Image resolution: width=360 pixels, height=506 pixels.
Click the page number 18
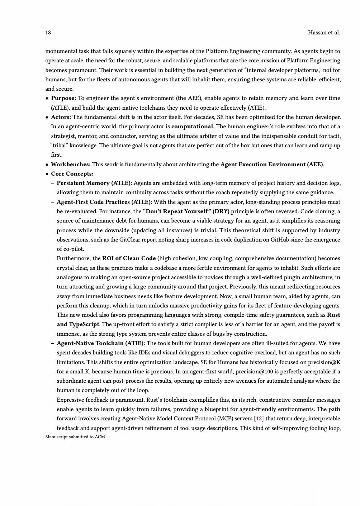click(x=48, y=33)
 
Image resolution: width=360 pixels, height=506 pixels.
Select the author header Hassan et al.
click(x=324, y=33)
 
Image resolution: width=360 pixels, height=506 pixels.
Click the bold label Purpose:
click(x=63, y=98)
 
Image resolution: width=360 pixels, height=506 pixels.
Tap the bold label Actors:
click(x=61, y=117)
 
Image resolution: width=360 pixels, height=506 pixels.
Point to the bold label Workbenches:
click(x=71, y=164)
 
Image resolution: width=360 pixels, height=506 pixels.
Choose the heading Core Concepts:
click(x=72, y=174)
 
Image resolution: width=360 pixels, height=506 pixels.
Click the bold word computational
click(x=192, y=126)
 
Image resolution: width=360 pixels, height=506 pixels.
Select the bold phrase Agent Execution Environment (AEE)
click(x=272, y=164)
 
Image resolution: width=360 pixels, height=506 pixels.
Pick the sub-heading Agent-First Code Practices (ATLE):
click(x=104, y=202)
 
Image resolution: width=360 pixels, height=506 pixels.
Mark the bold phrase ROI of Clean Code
click(x=129, y=258)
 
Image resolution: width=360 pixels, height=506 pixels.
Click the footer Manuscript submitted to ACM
click(x=75, y=437)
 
